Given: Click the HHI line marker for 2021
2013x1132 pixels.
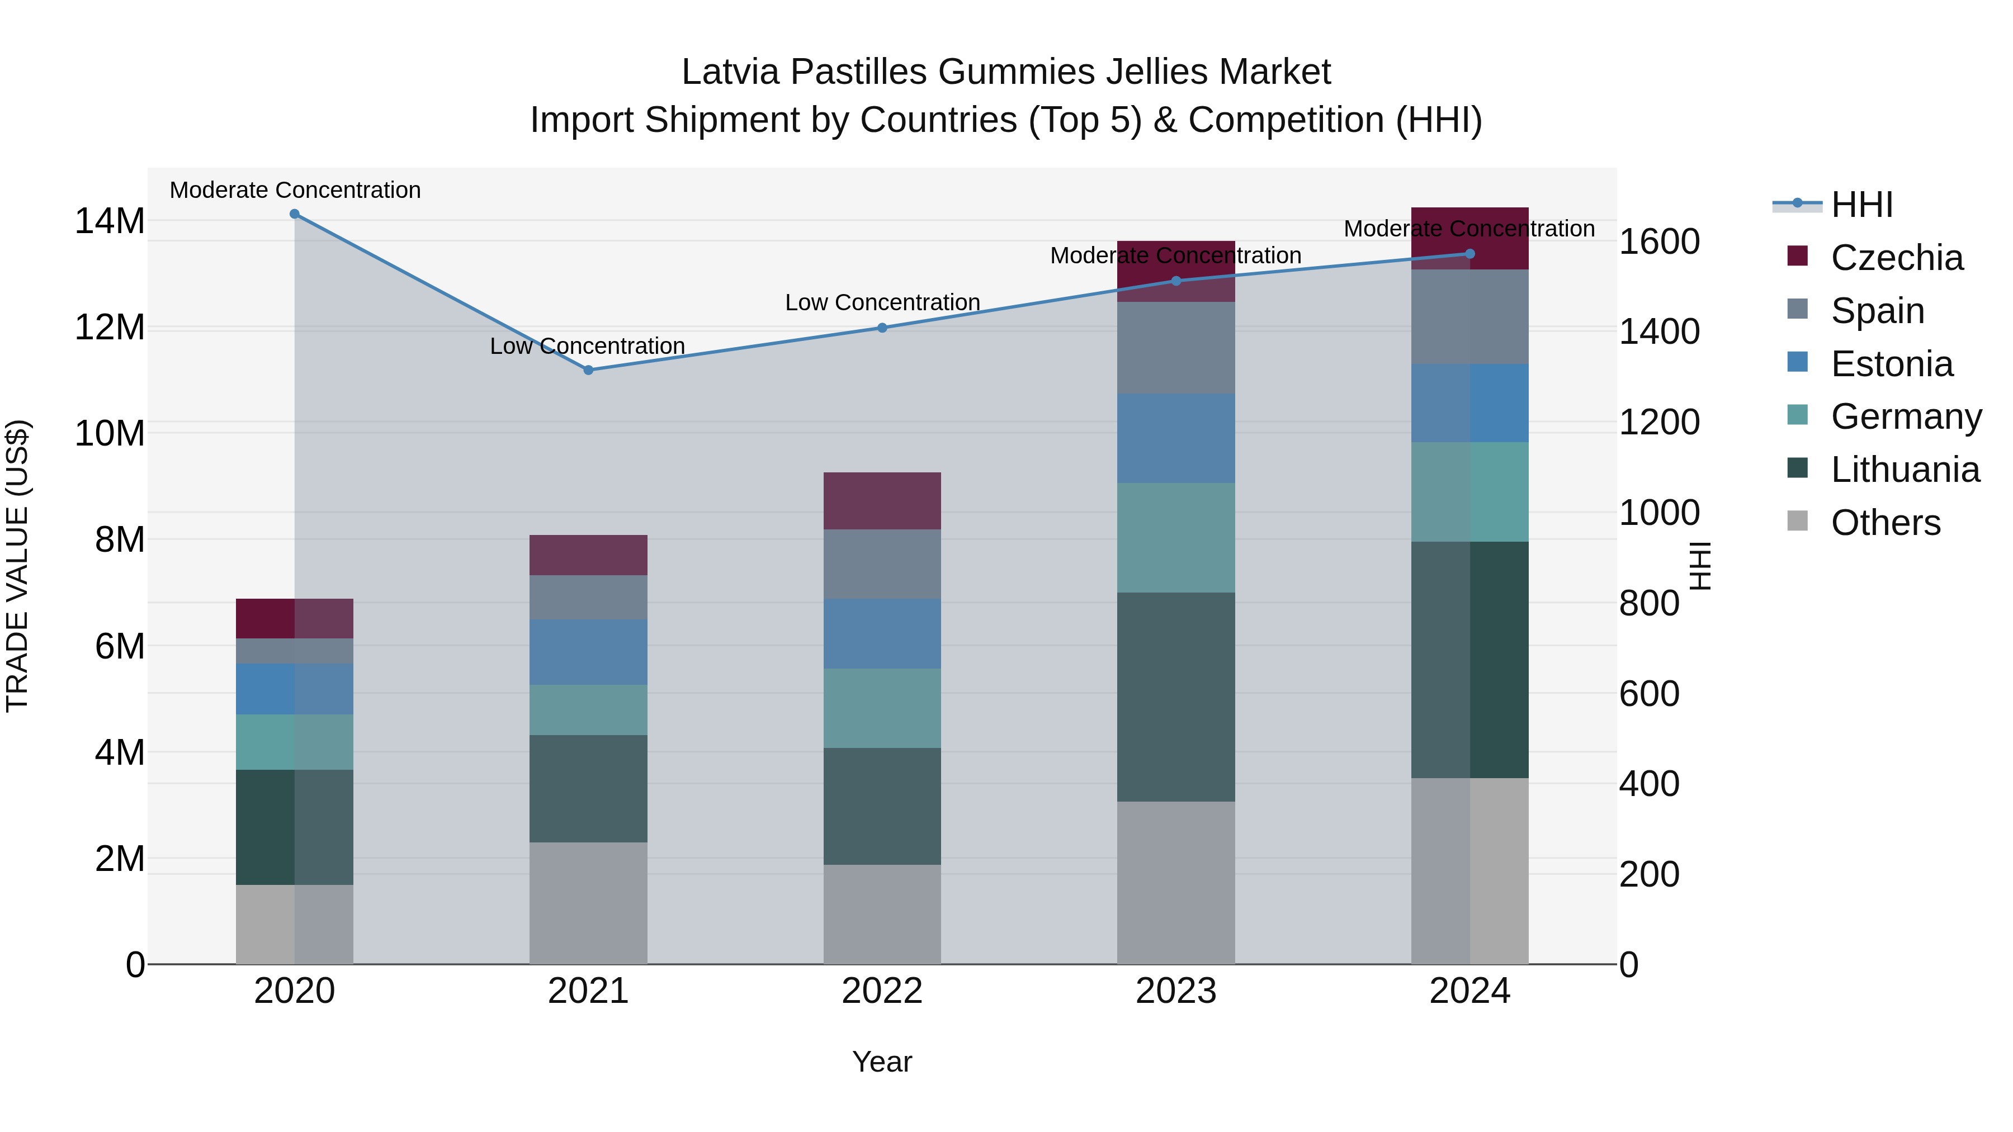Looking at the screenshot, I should (588, 370).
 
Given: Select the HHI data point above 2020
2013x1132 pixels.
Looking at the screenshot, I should (295, 214).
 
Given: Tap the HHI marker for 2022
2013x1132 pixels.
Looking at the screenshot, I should (882, 328).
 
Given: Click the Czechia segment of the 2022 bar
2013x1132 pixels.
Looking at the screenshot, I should (882, 501).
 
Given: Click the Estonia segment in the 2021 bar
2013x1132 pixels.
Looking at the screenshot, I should (588, 652).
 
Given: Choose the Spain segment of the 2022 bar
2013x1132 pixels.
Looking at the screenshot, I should (882, 564).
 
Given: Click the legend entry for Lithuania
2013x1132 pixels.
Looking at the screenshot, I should (1905, 470).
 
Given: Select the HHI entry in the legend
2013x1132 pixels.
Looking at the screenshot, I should (1861, 205).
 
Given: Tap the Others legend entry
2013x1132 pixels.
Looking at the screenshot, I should (1885, 523).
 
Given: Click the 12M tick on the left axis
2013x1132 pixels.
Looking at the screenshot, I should (110, 328).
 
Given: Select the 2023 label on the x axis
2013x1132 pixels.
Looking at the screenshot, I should (1175, 991).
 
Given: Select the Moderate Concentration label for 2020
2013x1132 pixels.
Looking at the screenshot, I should (295, 190).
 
